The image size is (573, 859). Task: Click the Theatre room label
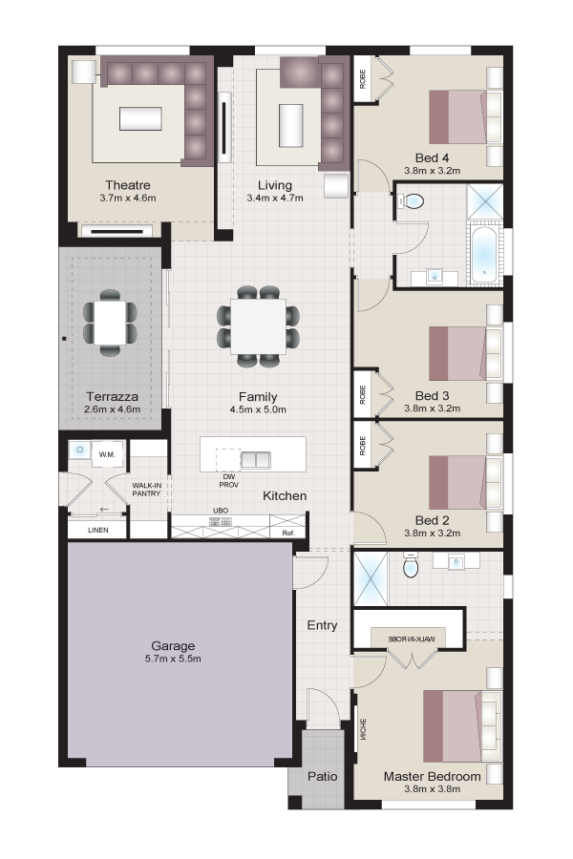tap(128, 185)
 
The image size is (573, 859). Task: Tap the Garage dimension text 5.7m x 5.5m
tap(173, 659)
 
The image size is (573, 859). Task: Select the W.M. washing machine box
tap(108, 454)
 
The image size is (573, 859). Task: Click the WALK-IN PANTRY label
tap(146, 490)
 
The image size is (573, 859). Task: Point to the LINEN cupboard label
tap(98, 531)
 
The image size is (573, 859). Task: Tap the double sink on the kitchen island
tap(256, 460)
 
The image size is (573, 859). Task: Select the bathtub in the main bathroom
tap(484, 255)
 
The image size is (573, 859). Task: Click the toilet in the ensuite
tap(410, 565)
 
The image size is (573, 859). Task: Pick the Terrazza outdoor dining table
tap(110, 323)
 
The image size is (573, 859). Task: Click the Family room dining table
tap(258, 326)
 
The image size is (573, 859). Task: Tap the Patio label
tap(323, 776)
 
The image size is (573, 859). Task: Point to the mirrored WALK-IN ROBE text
tap(412, 639)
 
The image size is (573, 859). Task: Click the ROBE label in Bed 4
tap(363, 79)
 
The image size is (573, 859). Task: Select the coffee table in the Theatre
tap(141, 118)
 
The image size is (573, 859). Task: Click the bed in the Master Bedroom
tap(462, 726)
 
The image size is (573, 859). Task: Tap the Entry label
tap(323, 625)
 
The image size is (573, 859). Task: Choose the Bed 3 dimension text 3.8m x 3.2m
tap(432, 409)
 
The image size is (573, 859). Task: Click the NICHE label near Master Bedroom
tap(363, 729)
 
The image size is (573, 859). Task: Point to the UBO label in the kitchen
tap(221, 511)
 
